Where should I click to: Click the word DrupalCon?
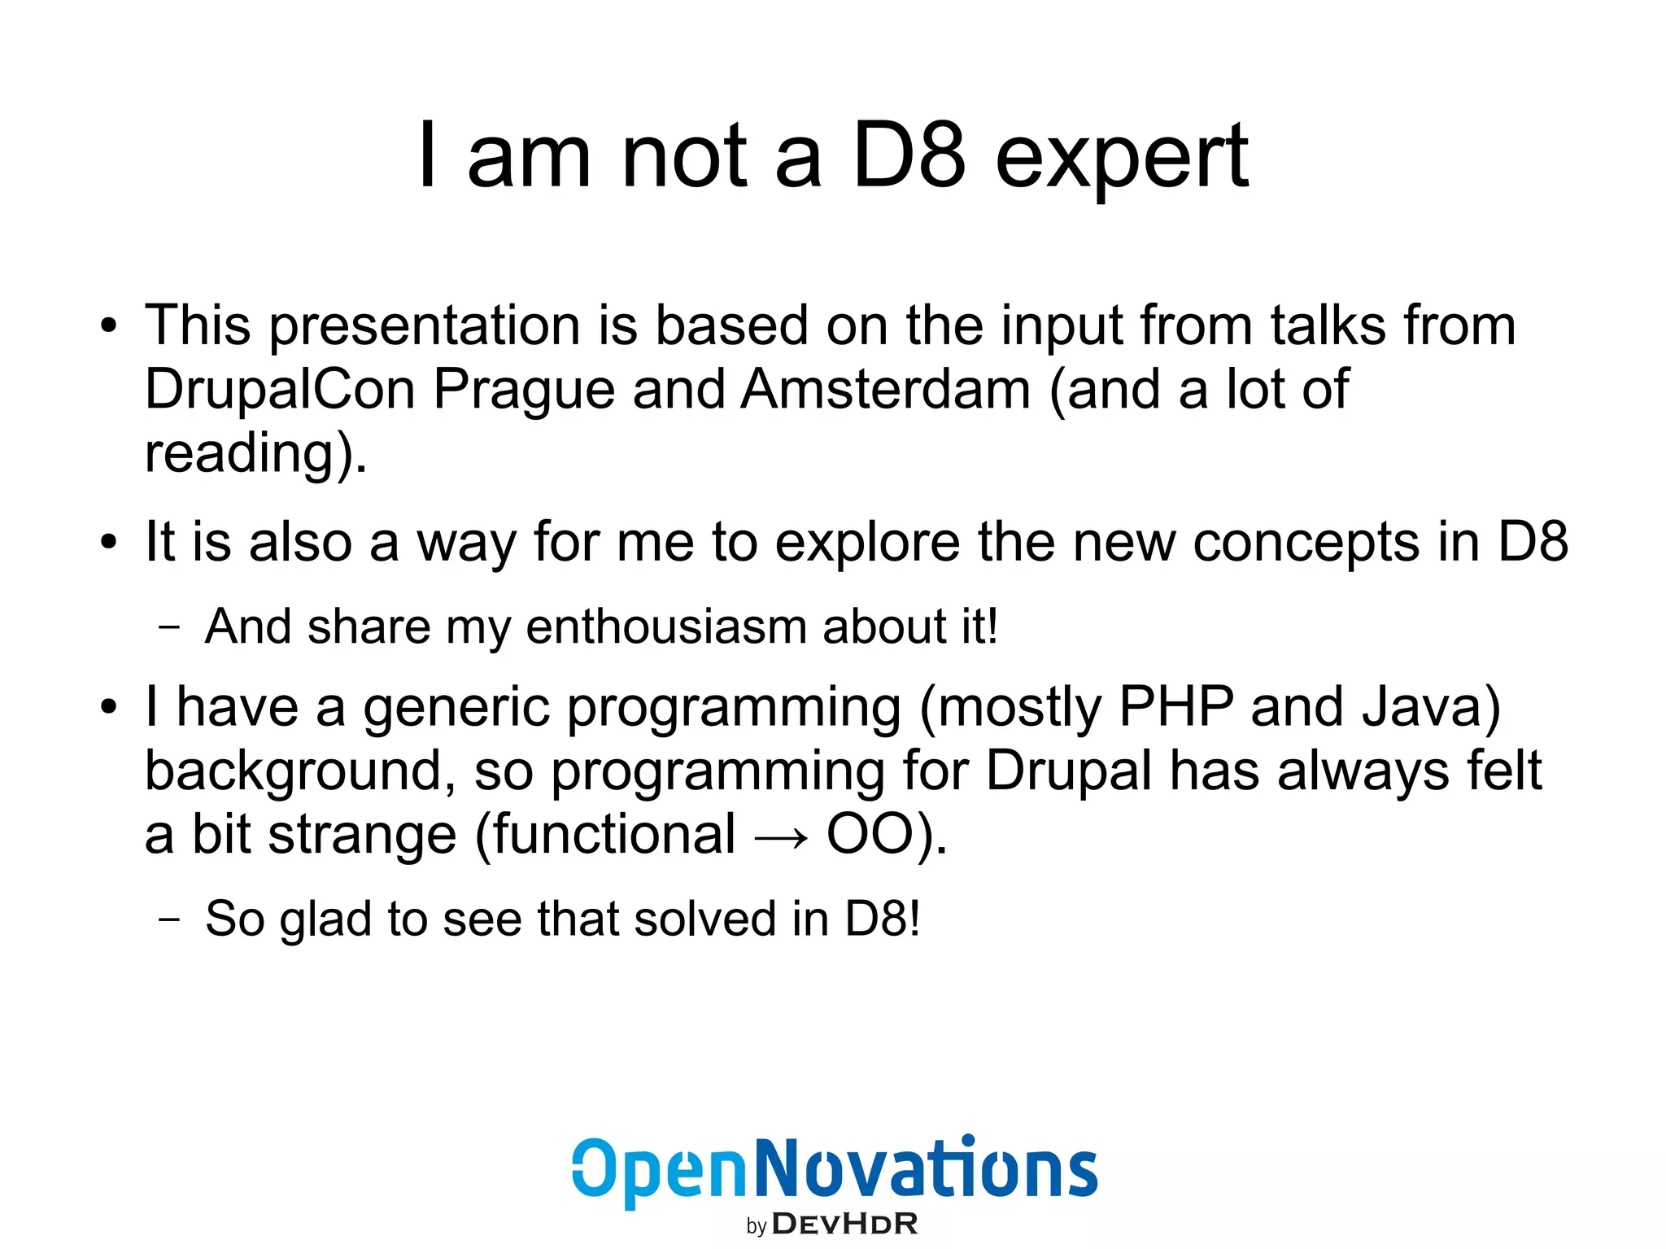(x=280, y=389)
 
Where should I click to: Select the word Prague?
(x=523, y=391)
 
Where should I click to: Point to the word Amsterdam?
(x=886, y=389)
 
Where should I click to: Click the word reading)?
(x=255, y=454)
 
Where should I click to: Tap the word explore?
(x=866, y=543)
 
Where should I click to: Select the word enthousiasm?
(x=665, y=627)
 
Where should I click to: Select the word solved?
(x=704, y=919)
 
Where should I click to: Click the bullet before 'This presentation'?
(x=109, y=327)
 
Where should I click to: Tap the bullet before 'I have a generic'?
(x=109, y=708)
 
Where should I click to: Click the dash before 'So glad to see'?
(x=169, y=920)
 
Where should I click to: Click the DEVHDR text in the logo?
(x=844, y=1224)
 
